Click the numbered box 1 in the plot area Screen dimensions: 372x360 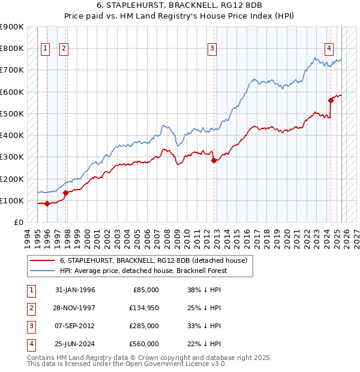(x=45, y=49)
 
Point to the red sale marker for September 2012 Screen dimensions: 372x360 (x=214, y=160)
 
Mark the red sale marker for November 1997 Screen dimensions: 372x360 (x=66, y=193)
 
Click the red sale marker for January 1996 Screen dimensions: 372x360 (x=47, y=203)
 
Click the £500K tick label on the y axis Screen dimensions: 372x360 (x=12, y=113)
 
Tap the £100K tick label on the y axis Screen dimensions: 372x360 (x=12, y=200)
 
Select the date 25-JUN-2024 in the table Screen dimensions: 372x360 (x=75, y=344)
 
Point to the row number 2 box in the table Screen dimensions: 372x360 (x=29, y=308)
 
